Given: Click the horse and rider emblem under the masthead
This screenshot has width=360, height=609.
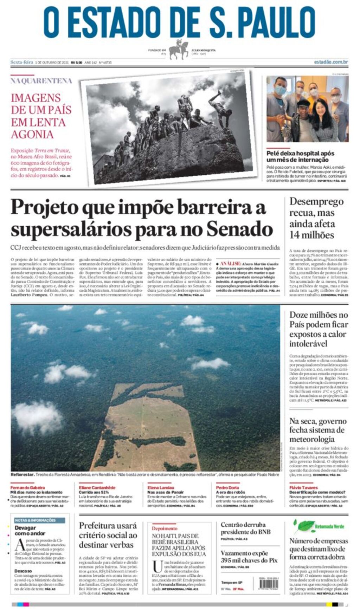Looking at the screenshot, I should point(179,50).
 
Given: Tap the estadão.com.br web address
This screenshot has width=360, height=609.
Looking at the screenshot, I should point(331,62).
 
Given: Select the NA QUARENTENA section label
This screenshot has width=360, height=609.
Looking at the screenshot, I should point(41,81).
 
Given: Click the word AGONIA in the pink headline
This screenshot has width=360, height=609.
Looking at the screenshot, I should point(32,135).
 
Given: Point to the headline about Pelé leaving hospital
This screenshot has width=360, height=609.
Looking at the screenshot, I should point(300,156).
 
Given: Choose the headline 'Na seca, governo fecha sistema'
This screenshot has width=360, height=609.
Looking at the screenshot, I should point(318,430).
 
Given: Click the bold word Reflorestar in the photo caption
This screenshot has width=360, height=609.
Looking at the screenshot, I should point(22,474).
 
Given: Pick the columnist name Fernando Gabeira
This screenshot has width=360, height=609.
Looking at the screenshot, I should point(28,487).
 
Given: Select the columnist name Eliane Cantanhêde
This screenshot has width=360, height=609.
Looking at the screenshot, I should point(97,487).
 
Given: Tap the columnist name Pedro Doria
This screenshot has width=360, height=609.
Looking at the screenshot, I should point(227,487).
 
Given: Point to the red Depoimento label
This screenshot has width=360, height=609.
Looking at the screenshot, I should point(165,528).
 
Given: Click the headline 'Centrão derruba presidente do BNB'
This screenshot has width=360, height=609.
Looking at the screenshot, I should point(245,528).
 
